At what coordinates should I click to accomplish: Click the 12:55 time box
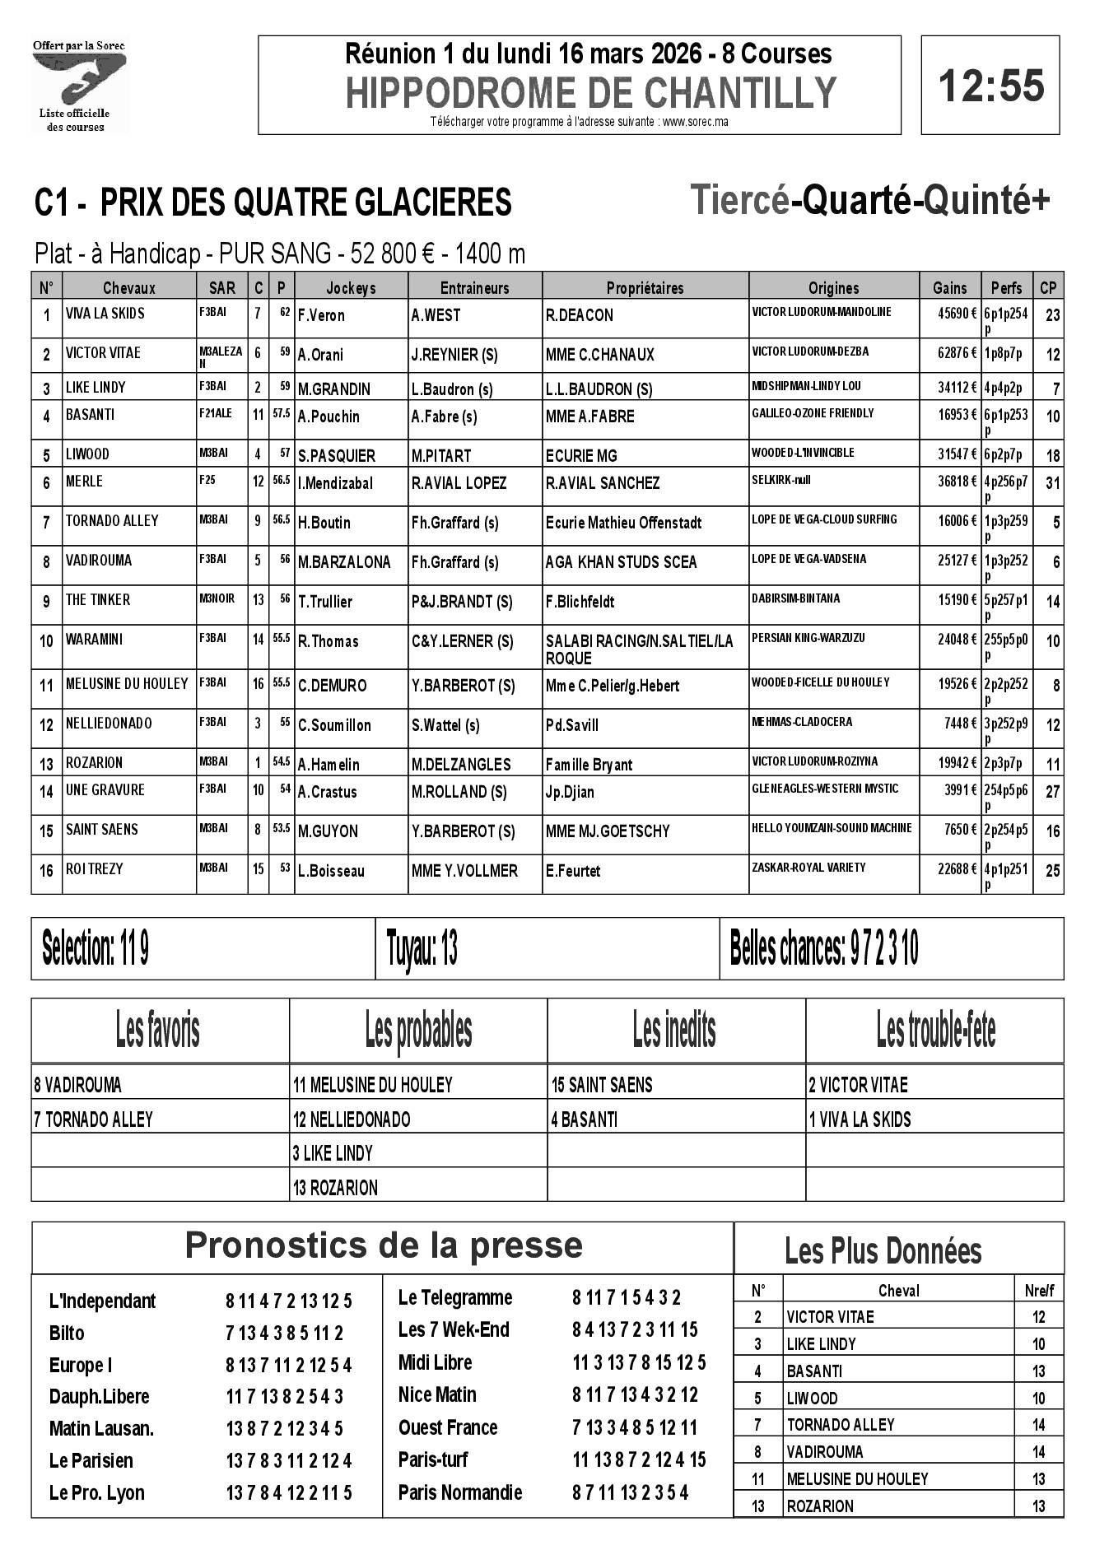pos(990,86)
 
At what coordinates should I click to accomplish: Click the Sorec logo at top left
pos(79,86)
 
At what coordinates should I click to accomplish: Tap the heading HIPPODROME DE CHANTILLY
pos(590,93)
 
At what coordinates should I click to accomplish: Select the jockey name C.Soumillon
pos(334,725)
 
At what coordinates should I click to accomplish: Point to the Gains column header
pos(949,288)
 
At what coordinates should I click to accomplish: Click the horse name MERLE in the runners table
pos(84,482)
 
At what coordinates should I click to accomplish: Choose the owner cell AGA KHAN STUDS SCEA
pos(621,562)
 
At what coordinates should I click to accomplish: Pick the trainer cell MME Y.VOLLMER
pos(464,871)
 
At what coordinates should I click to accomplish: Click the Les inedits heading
pos(674,1030)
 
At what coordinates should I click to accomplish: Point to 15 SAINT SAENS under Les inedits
pos(602,1085)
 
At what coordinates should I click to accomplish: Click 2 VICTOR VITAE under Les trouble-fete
pos(858,1085)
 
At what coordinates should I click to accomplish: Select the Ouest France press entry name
pos(448,1427)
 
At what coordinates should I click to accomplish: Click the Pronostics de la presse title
pos(384,1245)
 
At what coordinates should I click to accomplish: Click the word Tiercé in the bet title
pos(739,201)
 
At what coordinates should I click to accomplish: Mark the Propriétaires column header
pos(645,288)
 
